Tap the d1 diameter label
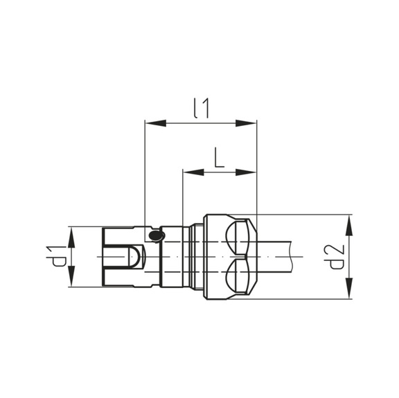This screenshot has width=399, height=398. pyautogui.click(x=61, y=256)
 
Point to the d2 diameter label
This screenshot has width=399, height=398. pyautogui.click(x=337, y=257)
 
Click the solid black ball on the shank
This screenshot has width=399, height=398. pyautogui.click(x=157, y=237)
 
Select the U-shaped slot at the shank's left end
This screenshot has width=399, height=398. pyautogui.click(x=129, y=257)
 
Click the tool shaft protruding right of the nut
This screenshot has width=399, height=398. pyautogui.click(x=281, y=257)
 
